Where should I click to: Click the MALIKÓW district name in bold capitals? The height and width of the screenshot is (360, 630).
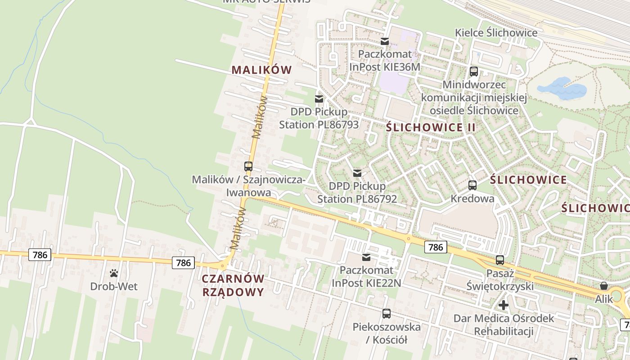[261, 70]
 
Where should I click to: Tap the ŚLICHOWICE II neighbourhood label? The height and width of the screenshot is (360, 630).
[431, 127]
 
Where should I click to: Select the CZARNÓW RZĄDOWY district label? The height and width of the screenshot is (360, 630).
[233, 285]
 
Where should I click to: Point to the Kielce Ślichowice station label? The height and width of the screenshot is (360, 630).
[496, 33]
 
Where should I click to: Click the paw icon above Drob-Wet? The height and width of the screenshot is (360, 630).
[114, 273]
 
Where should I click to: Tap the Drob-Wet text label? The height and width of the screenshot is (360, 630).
[114, 286]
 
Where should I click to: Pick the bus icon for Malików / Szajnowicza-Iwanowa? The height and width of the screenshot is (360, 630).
[248, 166]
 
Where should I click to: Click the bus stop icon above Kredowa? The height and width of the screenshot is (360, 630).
[472, 185]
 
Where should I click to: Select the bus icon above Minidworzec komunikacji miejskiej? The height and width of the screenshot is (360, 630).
[473, 71]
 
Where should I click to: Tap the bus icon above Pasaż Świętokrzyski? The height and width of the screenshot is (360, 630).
[499, 260]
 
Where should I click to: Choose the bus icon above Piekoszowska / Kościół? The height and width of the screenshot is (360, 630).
[386, 314]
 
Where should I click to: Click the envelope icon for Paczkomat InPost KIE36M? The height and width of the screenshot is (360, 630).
[385, 41]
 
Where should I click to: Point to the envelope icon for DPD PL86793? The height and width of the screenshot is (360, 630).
[319, 99]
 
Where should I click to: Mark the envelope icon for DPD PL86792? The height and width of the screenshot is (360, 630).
[357, 173]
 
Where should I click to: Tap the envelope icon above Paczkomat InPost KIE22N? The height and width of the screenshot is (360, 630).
[366, 257]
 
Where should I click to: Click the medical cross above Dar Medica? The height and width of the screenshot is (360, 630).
[504, 305]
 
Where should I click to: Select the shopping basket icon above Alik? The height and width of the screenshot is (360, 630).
[603, 286]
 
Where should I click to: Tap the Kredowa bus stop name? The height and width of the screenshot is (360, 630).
[472, 198]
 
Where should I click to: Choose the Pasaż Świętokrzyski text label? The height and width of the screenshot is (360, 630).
[510, 279]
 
